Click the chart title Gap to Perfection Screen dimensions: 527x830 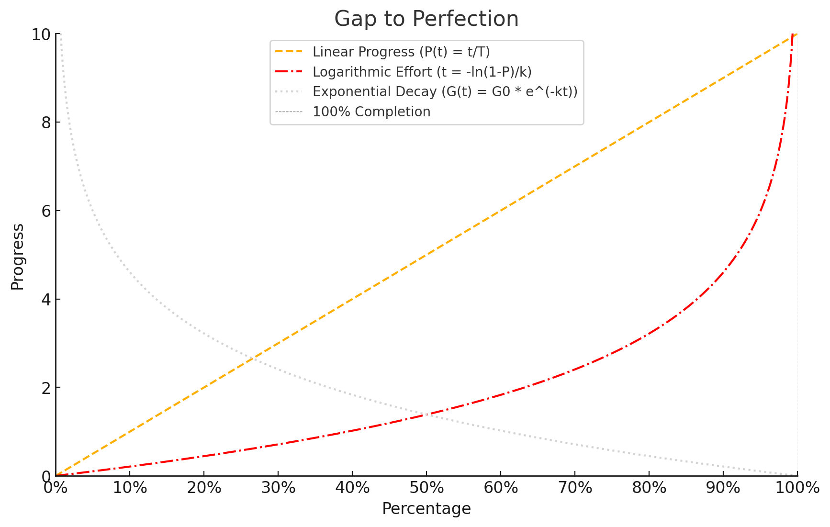pos(426,19)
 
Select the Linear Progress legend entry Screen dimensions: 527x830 pos(401,52)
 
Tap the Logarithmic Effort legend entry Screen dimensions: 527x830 pos(422,72)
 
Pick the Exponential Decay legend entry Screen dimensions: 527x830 pos(445,91)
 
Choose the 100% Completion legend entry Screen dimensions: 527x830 pos(371,112)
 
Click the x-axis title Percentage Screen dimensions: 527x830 pos(426,509)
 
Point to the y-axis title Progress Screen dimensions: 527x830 pos(18,257)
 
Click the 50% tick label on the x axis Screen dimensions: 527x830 pos(426,488)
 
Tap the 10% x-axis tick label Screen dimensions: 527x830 pos(130,488)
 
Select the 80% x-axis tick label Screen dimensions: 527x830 pos(649,488)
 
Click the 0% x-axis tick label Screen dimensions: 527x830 pos(56,488)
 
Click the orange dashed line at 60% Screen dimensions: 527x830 pos(501,211)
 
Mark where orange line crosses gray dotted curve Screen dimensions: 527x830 pos(252,359)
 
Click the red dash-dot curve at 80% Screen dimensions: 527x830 pos(649,334)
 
